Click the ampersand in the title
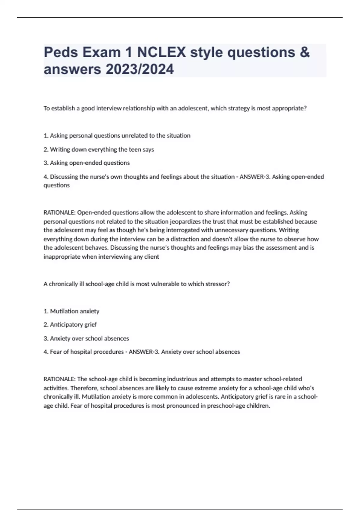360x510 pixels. [304, 52]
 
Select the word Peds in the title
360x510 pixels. [61, 52]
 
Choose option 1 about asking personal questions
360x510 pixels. [117, 136]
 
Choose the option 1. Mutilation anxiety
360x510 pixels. [71, 311]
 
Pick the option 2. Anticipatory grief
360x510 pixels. [70, 325]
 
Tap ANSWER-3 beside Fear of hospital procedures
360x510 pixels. [143, 352]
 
